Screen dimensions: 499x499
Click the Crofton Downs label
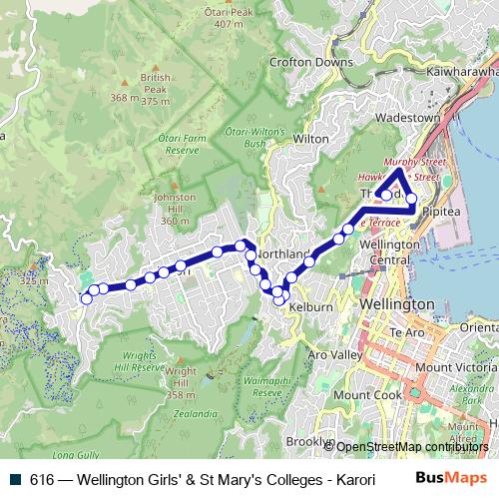[x=311, y=62]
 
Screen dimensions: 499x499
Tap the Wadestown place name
[x=406, y=118]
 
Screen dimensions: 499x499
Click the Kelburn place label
[x=309, y=308]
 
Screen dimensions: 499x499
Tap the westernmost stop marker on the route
[x=86, y=298]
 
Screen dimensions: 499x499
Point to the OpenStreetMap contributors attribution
[x=411, y=447]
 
